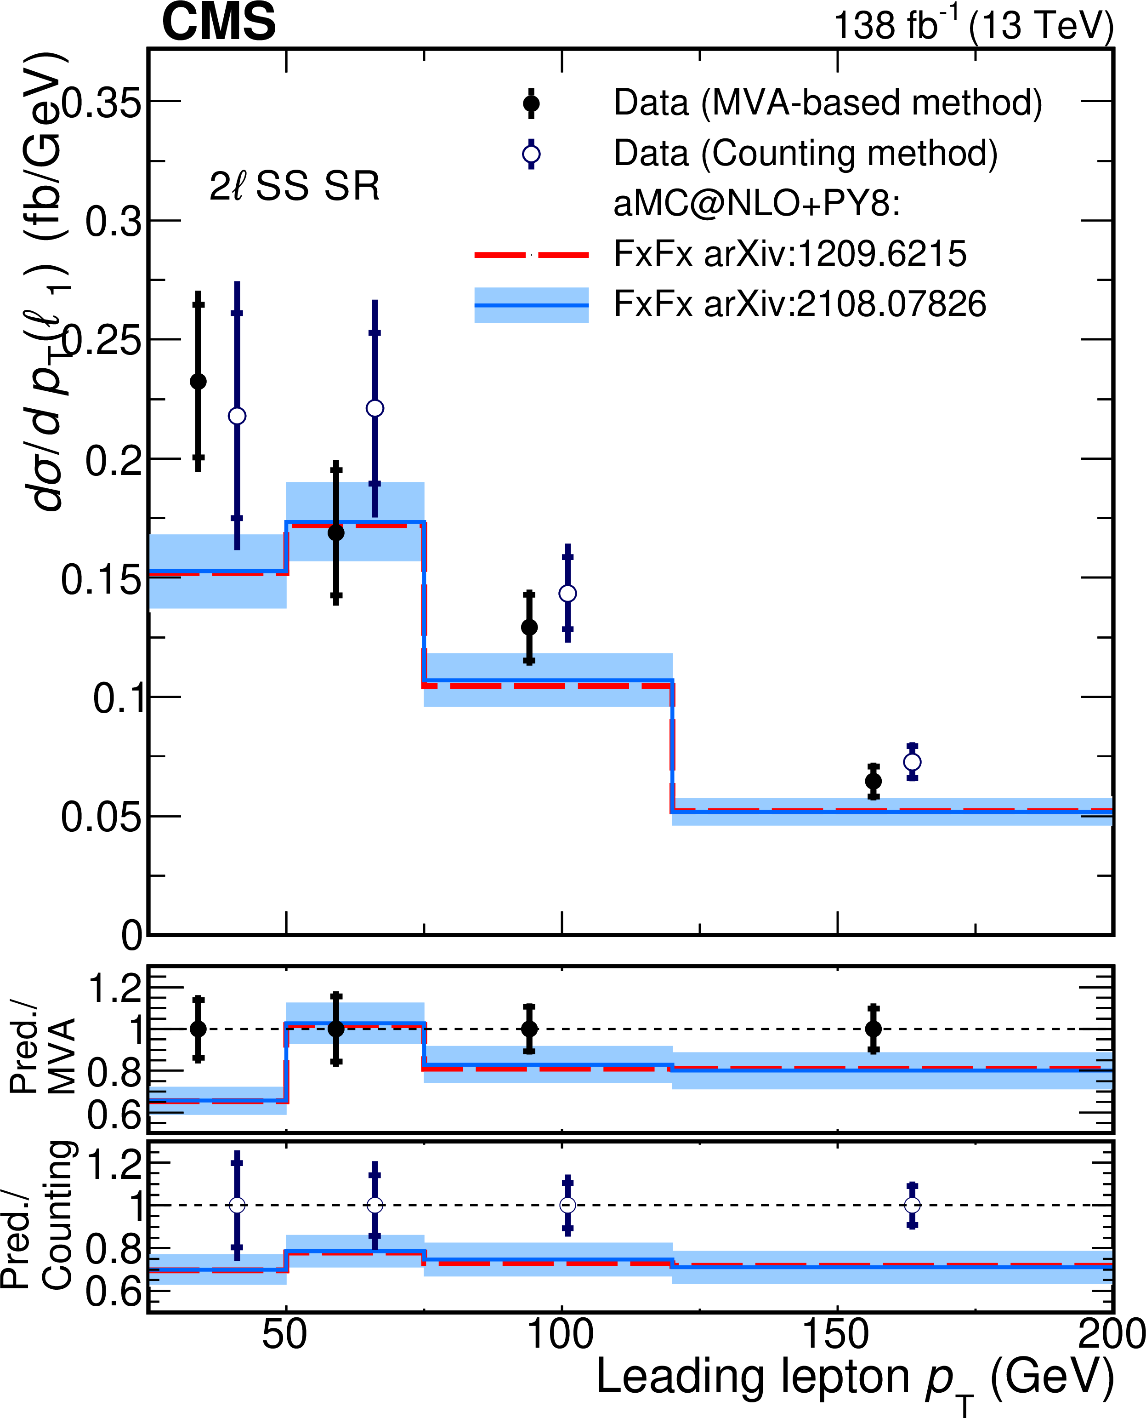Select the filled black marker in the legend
(x=531, y=104)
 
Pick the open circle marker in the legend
(x=531, y=154)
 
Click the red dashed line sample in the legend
(x=531, y=254)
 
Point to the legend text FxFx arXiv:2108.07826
(x=800, y=304)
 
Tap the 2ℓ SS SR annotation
(x=295, y=186)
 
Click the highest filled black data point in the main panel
(x=198, y=381)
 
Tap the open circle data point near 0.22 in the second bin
(x=375, y=408)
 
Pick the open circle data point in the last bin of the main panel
(x=912, y=761)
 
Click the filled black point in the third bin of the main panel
(x=529, y=627)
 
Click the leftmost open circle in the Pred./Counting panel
(x=237, y=1205)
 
